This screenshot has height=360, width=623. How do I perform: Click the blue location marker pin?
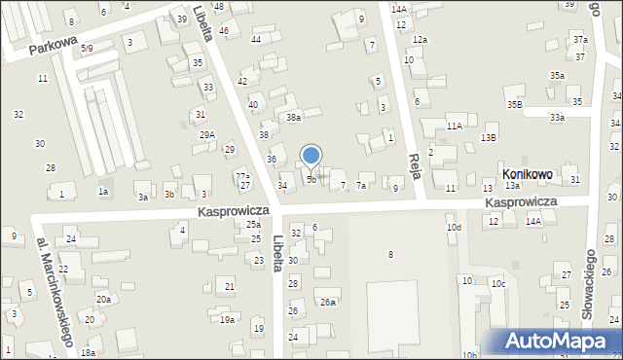coord(311,156)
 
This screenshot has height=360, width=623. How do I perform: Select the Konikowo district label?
coord(528,174)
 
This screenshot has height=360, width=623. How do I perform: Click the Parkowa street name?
coord(52,46)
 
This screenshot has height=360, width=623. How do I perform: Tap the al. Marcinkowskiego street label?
coord(55,291)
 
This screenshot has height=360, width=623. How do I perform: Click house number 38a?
coord(293,117)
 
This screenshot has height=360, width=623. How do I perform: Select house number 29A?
coord(207,135)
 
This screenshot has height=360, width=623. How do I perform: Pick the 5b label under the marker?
coord(311,180)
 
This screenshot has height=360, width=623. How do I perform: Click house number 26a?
coord(329,303)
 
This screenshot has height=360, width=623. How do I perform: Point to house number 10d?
coord(454,228)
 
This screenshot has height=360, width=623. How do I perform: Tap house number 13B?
coord(488,138)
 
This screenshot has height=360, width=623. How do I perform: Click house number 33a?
coord(556,117)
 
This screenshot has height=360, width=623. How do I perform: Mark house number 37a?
coord(580,39)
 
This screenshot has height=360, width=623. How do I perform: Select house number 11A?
coord(454,126)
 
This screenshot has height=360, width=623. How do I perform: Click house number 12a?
coord(420,39)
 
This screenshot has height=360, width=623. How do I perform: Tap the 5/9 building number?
coord(87,48)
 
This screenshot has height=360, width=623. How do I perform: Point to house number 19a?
coord(227,319)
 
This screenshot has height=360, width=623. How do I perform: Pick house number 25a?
coord(253,225)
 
